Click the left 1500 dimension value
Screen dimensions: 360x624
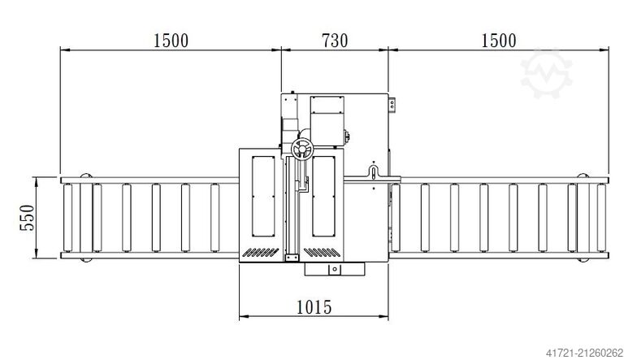coord(170,40)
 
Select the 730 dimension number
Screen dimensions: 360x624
coord(335,40)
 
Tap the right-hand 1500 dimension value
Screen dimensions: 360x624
coord(498,40)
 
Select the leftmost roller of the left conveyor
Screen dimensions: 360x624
coord(67,219)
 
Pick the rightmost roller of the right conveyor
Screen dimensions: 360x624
coord(601,219)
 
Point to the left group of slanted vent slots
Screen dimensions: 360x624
coord(262,251)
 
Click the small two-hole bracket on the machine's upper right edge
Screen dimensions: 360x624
coord(393,104)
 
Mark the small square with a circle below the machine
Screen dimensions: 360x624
coord(331,269)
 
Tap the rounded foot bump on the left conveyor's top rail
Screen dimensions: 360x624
coord(85,176)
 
